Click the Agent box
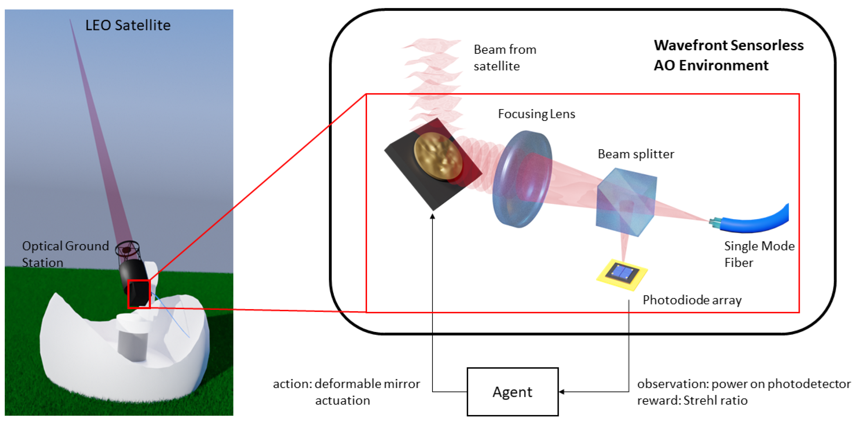[512, 392]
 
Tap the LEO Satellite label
[128, 25]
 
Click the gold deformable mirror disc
[438, 157]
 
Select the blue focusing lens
[522, 179]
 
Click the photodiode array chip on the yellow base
[622, 274]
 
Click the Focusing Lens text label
[536, 114]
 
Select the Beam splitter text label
[636, 154]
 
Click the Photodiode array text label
[692, 300]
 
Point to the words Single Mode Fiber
[759, 254]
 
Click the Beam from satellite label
[505, 58]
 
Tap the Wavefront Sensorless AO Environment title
[728, 55]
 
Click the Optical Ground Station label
[65, 254]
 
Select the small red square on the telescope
[139, 294]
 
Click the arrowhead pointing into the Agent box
[562, 392]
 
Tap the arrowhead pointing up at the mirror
[432, 216]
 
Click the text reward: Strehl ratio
[692, 400]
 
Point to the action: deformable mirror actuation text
[346, 392]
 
